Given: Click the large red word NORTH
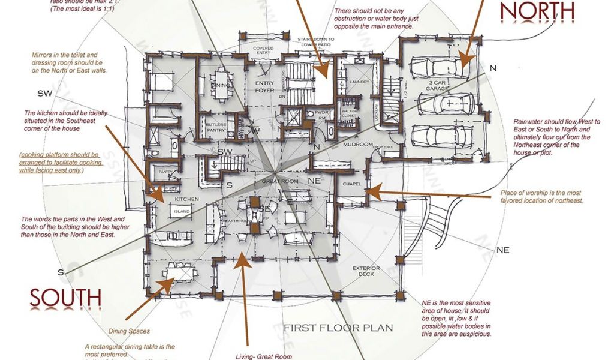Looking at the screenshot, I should point(537,10).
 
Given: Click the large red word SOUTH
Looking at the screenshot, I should point(65,298).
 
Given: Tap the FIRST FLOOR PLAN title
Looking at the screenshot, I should point(338,328).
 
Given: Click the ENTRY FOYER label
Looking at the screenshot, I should point(264,86).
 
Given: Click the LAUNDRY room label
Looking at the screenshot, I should point(359,82).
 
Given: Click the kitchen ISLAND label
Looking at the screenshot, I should point(182,211).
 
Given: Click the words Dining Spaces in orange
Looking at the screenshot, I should point(129,331).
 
